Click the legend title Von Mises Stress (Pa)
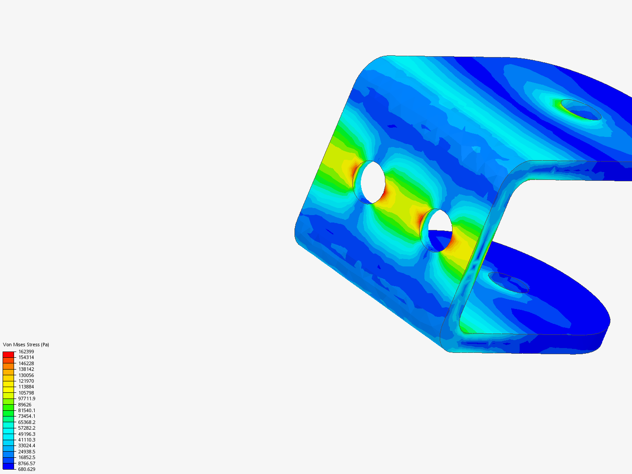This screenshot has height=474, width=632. pos(26,345)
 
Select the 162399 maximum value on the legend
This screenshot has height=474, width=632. pos(26,352)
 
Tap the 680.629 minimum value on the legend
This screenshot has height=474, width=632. pos(27,470)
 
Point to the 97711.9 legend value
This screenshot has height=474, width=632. pos(27,399)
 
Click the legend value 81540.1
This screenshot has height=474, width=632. pos(27,410)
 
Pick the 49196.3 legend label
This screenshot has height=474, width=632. pos(27,434)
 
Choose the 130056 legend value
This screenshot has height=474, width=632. pos(26,375)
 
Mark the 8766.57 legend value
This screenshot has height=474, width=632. pos(27,463)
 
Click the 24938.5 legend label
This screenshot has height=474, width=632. pos(27,452)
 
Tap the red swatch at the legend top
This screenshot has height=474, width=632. pos(8,355)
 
